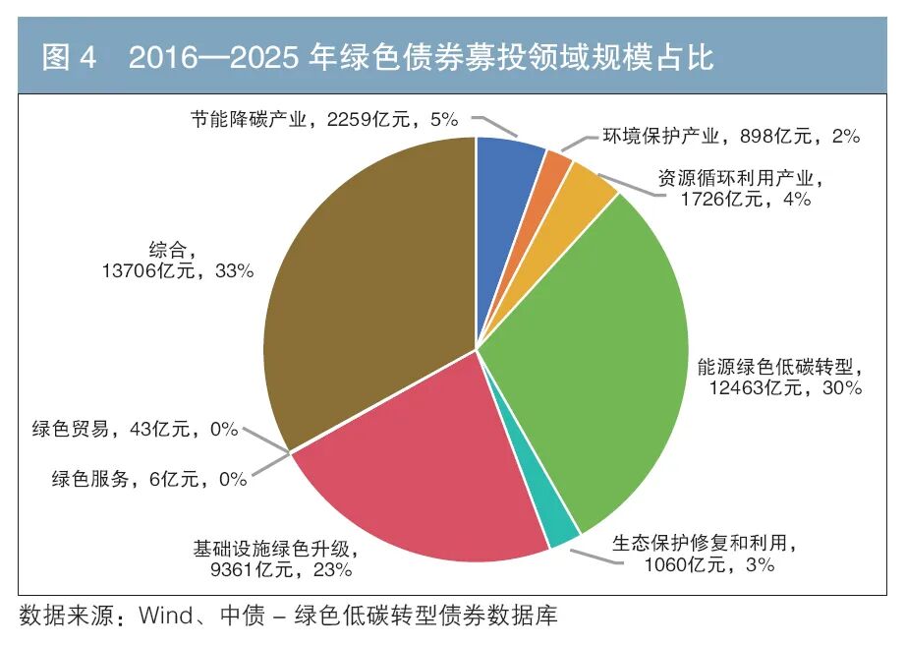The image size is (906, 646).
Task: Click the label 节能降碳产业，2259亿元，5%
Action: [x=324, y=120]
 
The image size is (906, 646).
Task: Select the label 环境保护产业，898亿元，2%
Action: [x=731, y=136]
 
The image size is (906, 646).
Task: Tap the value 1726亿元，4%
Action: [x=746, y=199]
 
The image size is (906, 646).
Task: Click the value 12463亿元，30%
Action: [x=786, y=387]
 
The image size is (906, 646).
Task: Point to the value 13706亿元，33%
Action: [x=178, y=270]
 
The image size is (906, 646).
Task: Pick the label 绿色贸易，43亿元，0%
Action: [x=136, y=429]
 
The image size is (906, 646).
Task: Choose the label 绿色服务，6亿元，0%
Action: [x=149, y=479]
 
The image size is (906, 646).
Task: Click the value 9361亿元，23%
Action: [x=281, y=569]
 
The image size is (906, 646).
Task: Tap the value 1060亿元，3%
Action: [x=708, y=563]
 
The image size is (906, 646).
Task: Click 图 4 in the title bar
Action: [x=69, y=57]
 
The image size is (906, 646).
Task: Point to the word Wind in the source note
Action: [x=166, y=616]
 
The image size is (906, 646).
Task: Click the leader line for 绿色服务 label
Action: [x=271, y=464]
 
